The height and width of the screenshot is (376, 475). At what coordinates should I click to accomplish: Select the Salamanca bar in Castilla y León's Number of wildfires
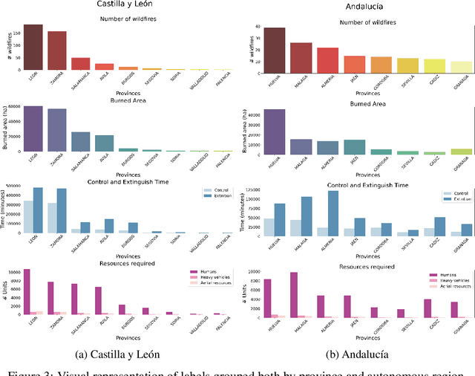coord(80,64)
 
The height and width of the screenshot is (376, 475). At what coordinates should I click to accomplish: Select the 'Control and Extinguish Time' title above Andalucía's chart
coord(358,183)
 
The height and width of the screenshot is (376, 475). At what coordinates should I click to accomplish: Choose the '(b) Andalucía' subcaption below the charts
coord(358,354)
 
